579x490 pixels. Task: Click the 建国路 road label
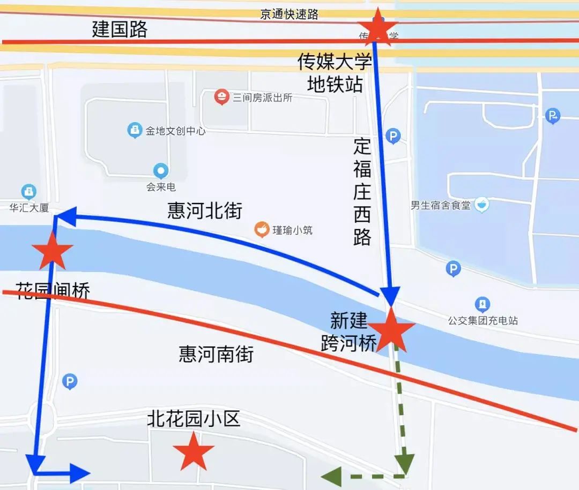(120, 29)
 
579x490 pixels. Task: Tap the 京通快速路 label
(289, 14)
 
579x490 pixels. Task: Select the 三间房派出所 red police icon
(221, 97)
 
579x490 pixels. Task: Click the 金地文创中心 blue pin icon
(135, 130)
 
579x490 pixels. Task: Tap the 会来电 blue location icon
(161, 171)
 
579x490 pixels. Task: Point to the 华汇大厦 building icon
(28, 192)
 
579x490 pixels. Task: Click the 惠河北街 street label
(205, 210)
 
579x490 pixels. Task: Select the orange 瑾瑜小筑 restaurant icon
(262, 230)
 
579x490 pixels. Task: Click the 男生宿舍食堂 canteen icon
(481, 204)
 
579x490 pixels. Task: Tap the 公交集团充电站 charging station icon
(482, 305)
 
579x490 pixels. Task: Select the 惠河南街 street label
(216, 354)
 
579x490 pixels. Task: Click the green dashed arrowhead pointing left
(330, 476)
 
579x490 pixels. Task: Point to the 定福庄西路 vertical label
(362, 192)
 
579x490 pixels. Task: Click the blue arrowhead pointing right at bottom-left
(80, 473)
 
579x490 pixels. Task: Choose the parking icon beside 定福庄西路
(394, 136)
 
